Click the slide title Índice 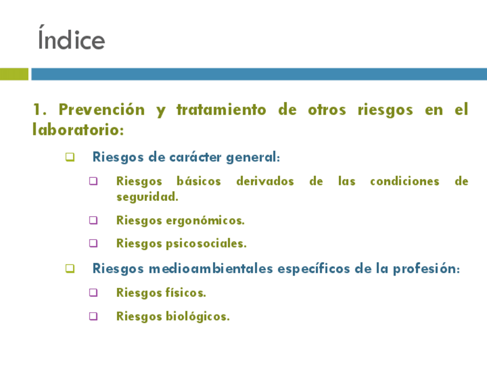(x=71, y=38)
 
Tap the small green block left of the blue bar (x=14, y=74)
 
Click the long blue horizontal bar (x=259, y=74)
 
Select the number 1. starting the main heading (x=40, y=110)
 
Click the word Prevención (x=102, y=110)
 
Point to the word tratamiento (x=221, y=110)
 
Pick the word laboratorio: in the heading (x=78, y=129)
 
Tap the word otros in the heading (x=327, y=110)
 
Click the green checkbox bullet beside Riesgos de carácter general (x=70, y=157)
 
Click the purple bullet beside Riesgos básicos (x=93, y=181)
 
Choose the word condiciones (x=405, y=181)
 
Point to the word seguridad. (x=147, y=197)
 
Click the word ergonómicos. (x=205, y=221)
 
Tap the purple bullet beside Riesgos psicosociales (x=93, y=243)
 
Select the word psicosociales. (x=206, y=244)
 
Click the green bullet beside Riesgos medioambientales (x=70, y=269)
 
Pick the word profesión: (x=426, y=269)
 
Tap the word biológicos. (x=198, y=316)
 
